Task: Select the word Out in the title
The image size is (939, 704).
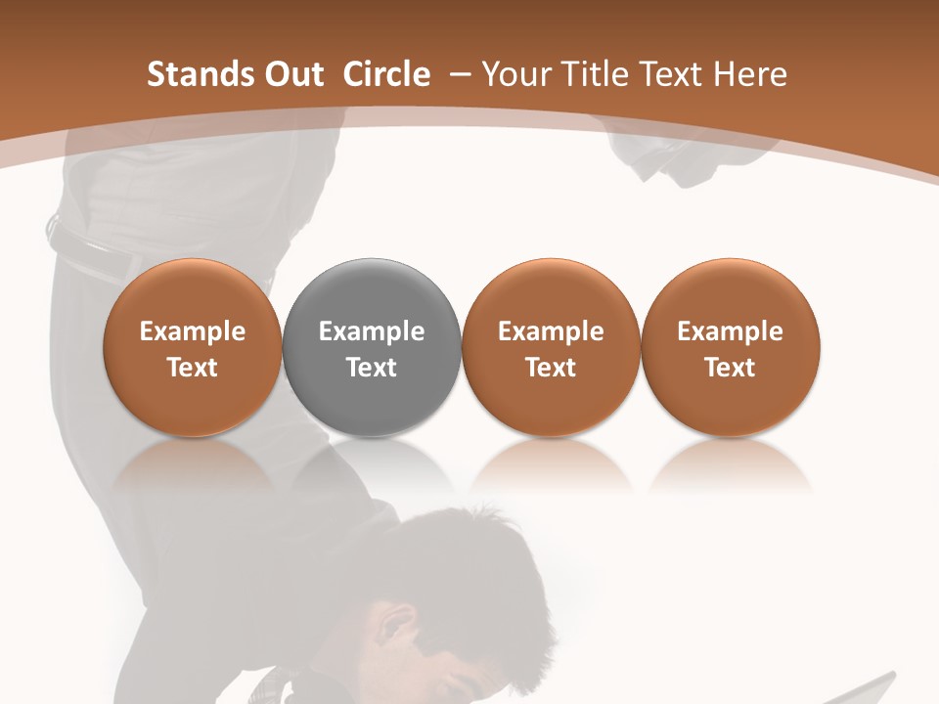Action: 291,74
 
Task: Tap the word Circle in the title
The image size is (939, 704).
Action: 386,74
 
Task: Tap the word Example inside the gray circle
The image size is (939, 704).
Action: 372,331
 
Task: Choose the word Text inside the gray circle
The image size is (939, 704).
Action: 372,368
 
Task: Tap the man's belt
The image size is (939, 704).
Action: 93,249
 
